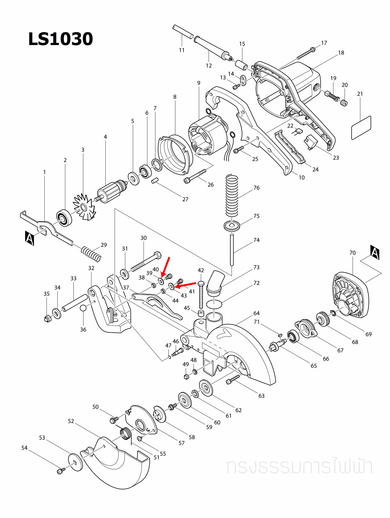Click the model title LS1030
click(61, 39)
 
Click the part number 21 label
click(360, 94)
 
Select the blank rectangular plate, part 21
click(361, 128)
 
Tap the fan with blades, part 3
click(84, 207)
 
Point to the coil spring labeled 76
click(232, 195)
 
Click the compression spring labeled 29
click(91, 254)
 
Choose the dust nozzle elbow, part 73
click(215, 282)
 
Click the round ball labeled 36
click(83, 308)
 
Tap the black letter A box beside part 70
click(375, 252)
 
